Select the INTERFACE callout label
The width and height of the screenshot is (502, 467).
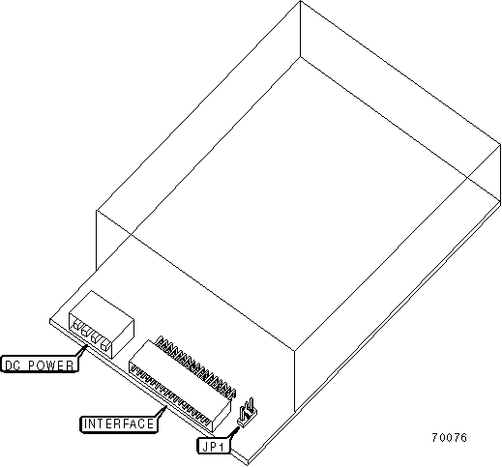click(x=119, y=423)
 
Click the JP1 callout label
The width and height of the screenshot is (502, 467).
click(x=214, y=446)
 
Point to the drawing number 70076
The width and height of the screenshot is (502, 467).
click(x=449, y=437)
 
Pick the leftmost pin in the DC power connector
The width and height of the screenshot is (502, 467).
click(x=76, y=325)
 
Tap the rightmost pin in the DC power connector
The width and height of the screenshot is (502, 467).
click(x=104, y=345)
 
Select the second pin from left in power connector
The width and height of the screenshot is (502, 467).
click(x=86, y=332)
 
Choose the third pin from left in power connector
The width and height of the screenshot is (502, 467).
click(x=95, y=338)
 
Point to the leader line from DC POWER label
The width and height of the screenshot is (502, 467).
click(x=82, y=350)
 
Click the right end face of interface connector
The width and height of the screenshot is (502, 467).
click(x=221, y=417)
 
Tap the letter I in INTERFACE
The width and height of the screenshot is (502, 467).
click(x=85, y=423)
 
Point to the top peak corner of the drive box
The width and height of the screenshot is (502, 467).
click(x=300, y=1)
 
